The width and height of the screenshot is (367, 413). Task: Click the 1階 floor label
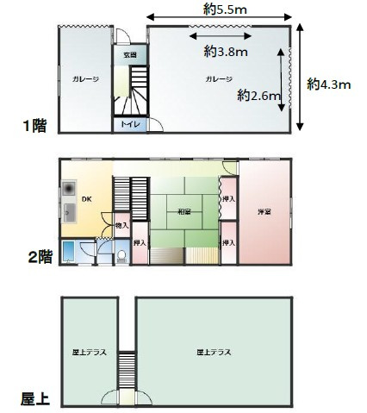tap(35, 126)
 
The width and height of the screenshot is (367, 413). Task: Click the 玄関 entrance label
tap(129, 55)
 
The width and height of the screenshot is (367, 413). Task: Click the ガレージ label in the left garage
tap(85, 79)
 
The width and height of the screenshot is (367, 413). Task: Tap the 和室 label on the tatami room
tap(183, 210)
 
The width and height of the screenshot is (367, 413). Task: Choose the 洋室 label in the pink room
tap(264, 211)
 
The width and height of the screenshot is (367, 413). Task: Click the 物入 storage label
tap(121, 225)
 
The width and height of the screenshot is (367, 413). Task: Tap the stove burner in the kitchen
tap(68, 189)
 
